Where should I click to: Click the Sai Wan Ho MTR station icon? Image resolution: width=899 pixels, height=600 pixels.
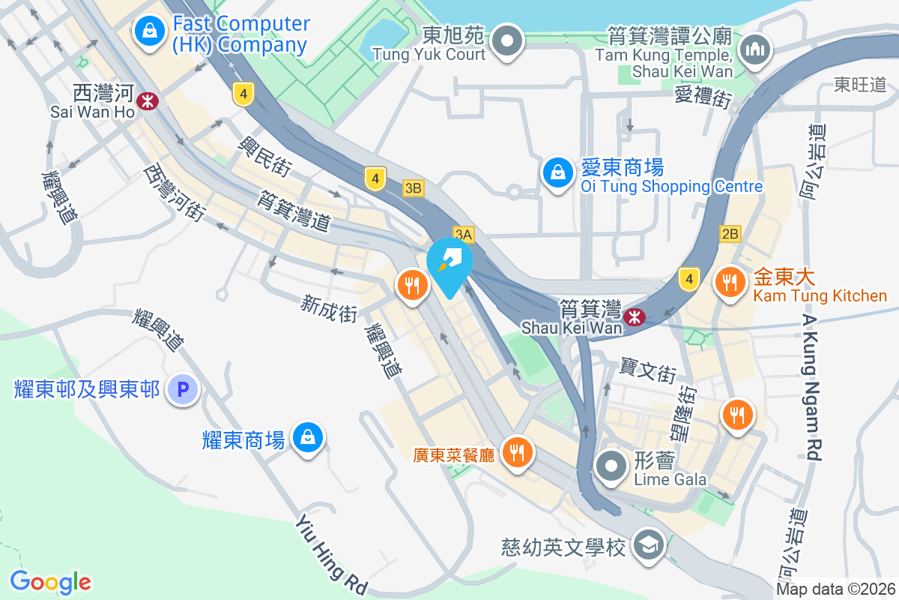click(x=148, y=100)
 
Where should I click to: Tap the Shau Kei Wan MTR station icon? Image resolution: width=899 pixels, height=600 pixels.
click(x=635, y=316)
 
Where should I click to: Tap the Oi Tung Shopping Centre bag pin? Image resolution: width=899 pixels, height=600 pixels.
click(x=558, y=172)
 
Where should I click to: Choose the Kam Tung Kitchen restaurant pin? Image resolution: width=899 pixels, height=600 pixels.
click(x=730, y=283)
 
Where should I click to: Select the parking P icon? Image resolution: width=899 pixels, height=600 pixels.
click(x=181, y=390)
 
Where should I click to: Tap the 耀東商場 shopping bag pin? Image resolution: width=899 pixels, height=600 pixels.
click(x=307, y=437)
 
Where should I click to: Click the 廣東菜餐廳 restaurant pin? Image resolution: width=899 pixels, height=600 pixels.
click(x=516, y=452)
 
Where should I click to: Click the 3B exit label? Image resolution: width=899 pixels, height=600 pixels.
click(x=413, y=187)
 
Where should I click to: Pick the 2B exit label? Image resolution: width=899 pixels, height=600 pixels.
click(x=730, y=234)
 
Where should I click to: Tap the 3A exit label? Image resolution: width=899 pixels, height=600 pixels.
click(x=463, y=235)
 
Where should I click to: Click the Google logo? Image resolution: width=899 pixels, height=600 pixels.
click(x=50, y=581)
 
